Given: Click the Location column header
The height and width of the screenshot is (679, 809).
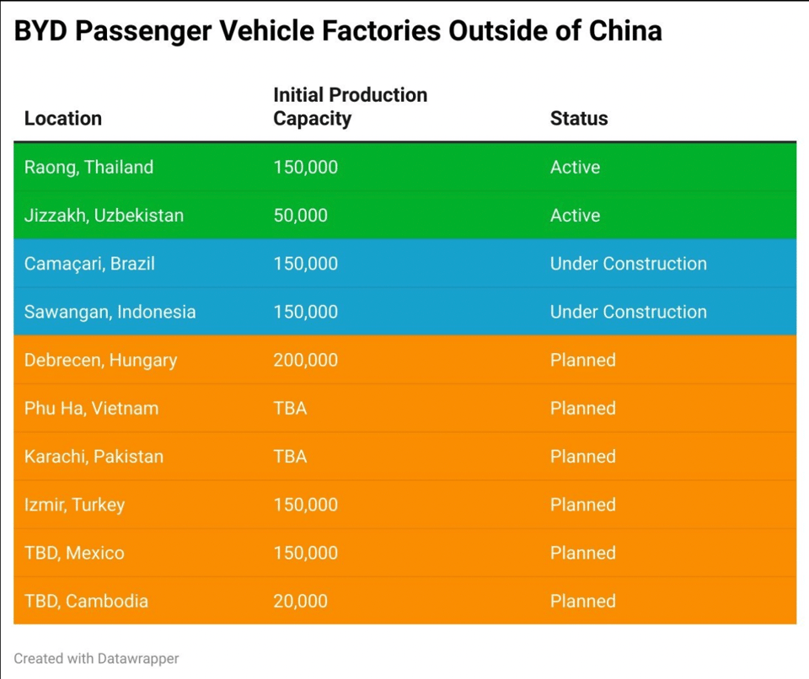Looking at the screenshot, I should pos(63,119).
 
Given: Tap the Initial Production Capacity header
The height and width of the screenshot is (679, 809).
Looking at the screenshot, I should pos(350,107).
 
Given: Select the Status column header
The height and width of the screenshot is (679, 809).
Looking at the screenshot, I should pos(578,119).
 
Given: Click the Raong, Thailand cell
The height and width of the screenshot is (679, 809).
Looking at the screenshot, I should pos(88,167).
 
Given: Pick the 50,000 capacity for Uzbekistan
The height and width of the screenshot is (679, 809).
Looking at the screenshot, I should pos(300,216).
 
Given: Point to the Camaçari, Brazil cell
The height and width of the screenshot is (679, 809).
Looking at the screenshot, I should pos(89,264).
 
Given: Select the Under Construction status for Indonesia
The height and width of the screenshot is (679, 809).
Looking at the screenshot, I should pos(628,312).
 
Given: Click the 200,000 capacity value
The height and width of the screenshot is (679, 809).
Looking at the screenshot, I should pos(305,360).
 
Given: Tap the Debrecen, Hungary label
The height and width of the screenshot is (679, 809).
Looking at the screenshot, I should pos(100,360).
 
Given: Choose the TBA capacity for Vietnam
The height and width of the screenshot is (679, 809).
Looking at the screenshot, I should pos(290,409).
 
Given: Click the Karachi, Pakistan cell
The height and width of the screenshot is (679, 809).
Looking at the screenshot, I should pos(94,457).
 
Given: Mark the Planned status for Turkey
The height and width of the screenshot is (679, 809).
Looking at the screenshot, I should pos(582,505).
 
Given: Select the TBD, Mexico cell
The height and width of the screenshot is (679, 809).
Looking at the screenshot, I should pos(74,553).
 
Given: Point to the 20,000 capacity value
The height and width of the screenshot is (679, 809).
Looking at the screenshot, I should pos(300,601).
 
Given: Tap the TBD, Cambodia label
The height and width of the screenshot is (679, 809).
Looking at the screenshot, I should pos(86,601).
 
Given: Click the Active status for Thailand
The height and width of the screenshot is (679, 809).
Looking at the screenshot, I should pos(575,167).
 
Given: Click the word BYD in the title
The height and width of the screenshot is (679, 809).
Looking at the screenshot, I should pos(39,31).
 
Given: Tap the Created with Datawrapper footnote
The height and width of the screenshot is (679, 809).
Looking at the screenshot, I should pos(96,659).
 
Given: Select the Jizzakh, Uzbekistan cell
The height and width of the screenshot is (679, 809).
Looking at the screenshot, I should pos(104,216).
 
